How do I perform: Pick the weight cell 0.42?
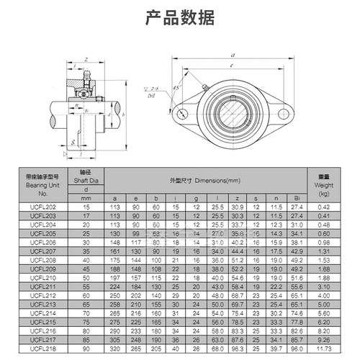pos(323,207)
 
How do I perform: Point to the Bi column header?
pos(295,197)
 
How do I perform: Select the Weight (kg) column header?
pos(323,184)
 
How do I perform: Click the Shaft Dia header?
pos(87,180)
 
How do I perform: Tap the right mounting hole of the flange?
pos(286,112)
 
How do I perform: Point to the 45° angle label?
pos(175,88)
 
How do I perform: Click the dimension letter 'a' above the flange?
pos(233,54)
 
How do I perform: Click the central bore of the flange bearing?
pos(233,112)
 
